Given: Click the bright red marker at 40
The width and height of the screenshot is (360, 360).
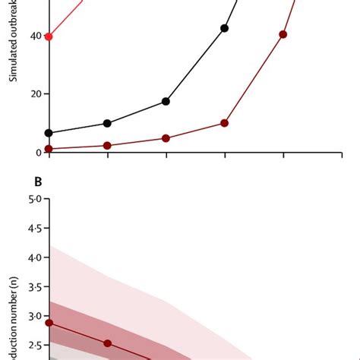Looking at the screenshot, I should point(49,36).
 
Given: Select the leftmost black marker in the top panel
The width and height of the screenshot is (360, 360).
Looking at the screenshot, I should point(49,133).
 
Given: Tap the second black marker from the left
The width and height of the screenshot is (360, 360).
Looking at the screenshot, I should point(107,123).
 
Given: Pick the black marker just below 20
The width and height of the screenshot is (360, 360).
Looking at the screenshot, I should point(166,101).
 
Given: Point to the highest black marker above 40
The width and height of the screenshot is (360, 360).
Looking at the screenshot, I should point(224,28).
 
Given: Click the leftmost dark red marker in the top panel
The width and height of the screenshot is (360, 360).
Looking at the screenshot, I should point(49,149).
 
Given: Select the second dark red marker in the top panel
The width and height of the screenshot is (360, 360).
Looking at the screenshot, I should point(107,145).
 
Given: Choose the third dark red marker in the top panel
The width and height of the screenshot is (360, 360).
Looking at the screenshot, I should point(166,138).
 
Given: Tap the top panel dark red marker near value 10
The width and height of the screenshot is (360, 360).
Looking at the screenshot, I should point(224,123).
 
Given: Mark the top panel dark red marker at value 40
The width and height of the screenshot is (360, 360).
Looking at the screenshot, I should point(283,34).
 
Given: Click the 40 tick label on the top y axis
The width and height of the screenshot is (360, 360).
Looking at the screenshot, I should point(34,36).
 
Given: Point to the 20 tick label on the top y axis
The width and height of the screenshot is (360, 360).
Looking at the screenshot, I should point(34,94).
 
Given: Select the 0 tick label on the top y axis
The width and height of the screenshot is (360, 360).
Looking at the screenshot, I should point(38,153).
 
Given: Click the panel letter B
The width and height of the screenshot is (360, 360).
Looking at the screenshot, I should point(37,182).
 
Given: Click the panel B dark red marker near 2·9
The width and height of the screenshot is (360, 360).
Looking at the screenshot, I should point(49,323).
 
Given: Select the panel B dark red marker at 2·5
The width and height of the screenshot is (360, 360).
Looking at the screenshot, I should point(107,343).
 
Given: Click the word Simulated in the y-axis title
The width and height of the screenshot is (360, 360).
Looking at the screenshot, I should point(13,62).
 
